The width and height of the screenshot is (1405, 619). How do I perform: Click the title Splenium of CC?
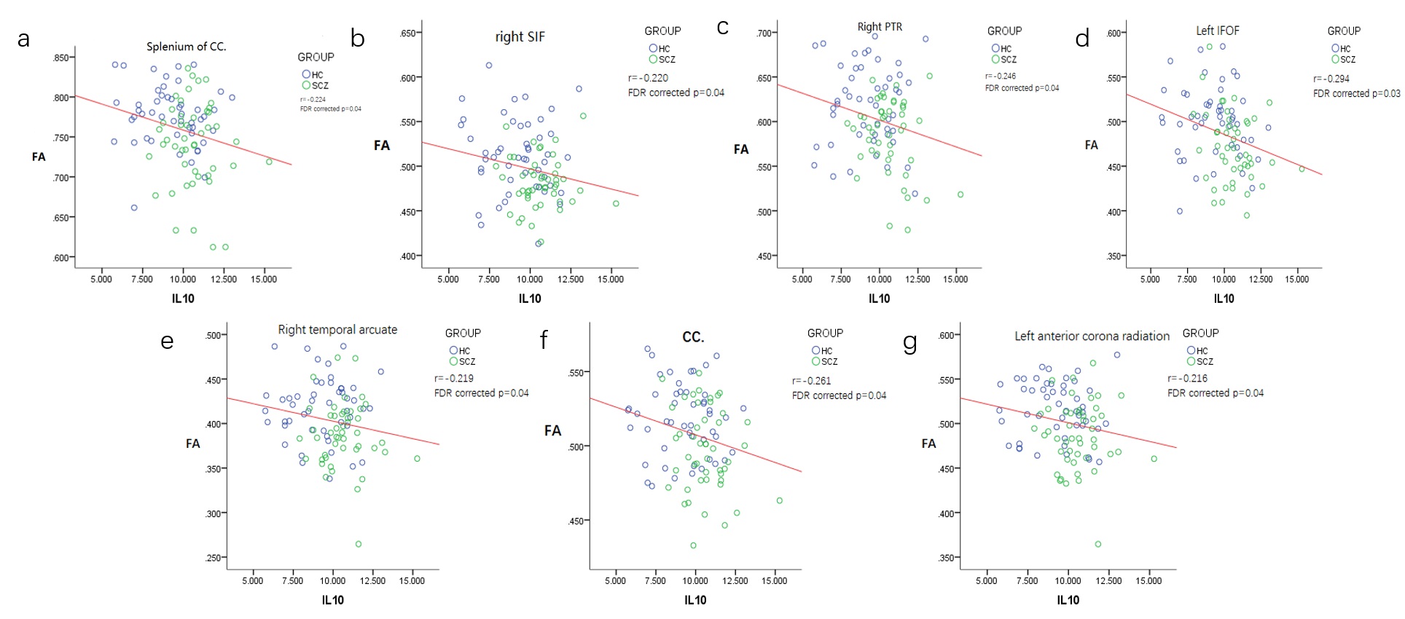(x=186, y=47)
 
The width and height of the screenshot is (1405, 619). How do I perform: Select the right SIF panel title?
(x=520, y=36)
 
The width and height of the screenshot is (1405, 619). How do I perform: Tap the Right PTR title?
(x=880, y=27)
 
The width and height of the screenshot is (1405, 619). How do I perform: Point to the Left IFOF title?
(x=1217, y=31)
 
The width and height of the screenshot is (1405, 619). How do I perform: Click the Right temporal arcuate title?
(x=337, y=330)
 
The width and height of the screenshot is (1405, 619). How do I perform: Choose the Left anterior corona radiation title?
(x=1092, y=336)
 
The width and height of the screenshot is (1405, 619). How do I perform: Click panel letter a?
(x=24, y=39)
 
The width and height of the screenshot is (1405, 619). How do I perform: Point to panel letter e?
(x=167, y=341)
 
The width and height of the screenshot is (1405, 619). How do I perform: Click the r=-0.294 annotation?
(x=1331, y=79)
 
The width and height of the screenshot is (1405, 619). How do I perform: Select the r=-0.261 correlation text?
(x=811, y=381)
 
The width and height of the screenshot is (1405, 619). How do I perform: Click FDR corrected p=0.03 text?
(x=1356, y=93)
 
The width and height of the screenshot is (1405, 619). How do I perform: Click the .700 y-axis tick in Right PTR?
(x=764, y=33)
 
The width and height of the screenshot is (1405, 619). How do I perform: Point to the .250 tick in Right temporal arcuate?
(x=213, y=559)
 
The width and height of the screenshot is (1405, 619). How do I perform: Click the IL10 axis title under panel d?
(x=1224, y=299)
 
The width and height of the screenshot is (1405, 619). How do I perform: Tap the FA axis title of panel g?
(x=928, y=443)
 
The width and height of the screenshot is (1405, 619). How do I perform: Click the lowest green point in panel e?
(x=358, y=544)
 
